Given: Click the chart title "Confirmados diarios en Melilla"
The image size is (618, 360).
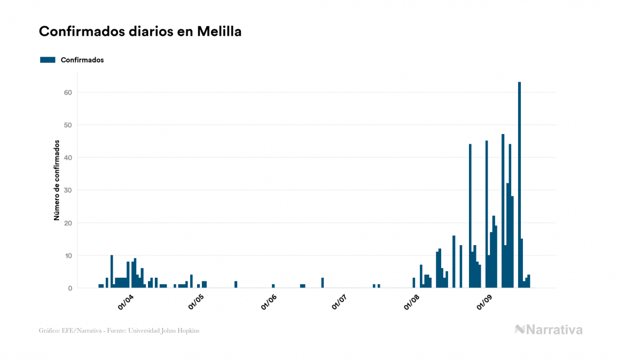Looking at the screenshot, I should click(140, 32).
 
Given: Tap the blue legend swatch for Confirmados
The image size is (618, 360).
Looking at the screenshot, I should click(48, 60).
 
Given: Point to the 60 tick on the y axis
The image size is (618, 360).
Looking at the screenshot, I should click(68, 92).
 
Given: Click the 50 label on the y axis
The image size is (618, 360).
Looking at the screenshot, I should click(68, 125).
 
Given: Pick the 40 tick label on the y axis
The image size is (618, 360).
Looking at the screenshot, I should click(68, 158).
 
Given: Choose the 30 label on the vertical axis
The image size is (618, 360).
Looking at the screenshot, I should click(68, 190).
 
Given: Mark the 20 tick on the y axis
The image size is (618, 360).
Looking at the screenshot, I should click(68, 223).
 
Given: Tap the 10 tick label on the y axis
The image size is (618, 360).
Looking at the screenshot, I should click(68, 256).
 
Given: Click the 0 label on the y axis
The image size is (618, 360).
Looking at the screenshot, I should click(70, 288).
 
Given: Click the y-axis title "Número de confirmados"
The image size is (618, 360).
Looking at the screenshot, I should click(56, 181).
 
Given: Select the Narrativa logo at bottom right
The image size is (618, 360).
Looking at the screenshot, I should click(549, 330).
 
